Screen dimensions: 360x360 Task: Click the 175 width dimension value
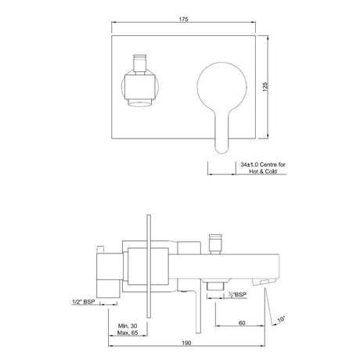tap(183, 20)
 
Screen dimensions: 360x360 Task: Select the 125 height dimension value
tap(265, 87)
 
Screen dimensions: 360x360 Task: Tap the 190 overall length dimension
tap(187, 343)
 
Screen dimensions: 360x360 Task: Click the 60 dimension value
tap(242, 323)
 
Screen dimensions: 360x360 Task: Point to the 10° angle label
tap(281, 319)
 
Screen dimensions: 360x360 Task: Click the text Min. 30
tap(128, 326)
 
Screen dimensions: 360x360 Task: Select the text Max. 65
tap(128, 333)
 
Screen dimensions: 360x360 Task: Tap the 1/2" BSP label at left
tap(84, 302)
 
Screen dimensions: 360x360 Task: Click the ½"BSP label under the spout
tap(237, 295)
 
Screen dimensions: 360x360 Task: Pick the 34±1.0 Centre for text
tap(263, 164)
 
